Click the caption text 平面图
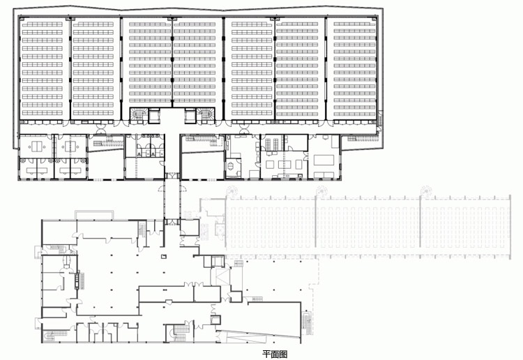(275, 354)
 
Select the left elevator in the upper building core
(154, 115)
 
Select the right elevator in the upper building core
(190, 115)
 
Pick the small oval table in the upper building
(232, 165)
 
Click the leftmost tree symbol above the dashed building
(231, 191)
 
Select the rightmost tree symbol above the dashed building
(426, 191)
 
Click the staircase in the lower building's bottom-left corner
(50, 336)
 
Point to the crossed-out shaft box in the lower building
(220, 275)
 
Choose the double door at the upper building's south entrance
(172, 176)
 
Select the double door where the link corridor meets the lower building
(172, 222)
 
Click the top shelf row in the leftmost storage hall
(43, 24)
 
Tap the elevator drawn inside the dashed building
(220, 230)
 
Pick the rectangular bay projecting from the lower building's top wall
(94, 214)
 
